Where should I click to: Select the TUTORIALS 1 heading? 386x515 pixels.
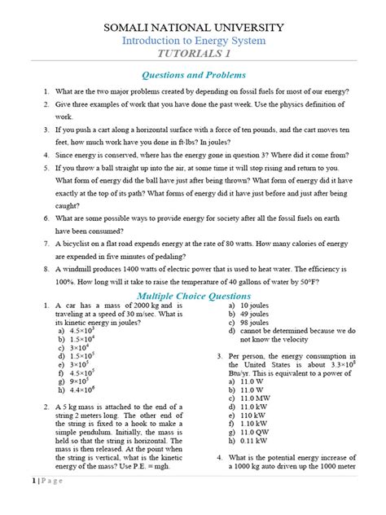[x=192, y=56]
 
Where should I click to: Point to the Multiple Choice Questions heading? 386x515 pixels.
[x=192, y=293]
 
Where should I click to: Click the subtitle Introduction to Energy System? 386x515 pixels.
[x=192, y=42]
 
